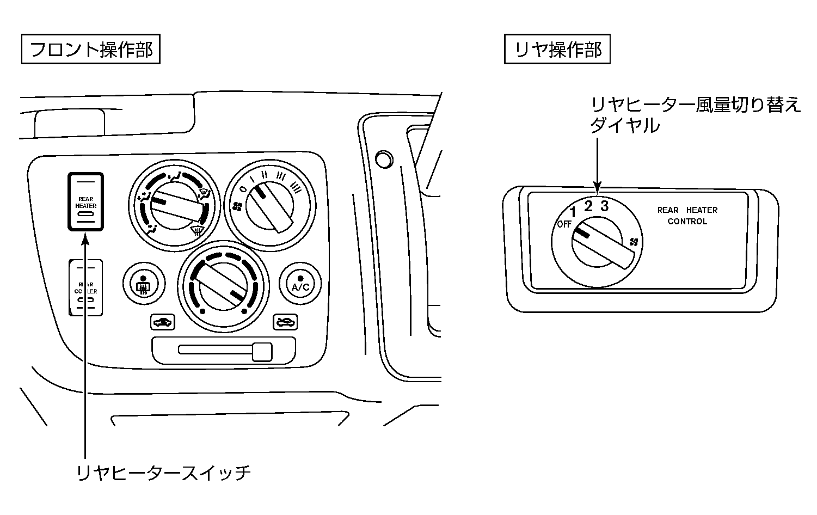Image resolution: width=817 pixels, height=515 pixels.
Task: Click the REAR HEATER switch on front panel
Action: pos(85,202)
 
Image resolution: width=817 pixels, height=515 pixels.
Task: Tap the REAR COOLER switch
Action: pos(85,288)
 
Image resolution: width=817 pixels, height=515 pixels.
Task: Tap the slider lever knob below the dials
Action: pos(262,351)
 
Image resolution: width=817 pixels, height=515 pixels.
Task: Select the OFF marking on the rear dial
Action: pos(563,224)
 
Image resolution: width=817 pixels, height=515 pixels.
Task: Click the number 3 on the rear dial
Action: pos(604,206)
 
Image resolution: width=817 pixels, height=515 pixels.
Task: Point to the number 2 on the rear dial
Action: pos(588,206)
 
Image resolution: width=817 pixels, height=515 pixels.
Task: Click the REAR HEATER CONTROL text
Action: pos(687,216)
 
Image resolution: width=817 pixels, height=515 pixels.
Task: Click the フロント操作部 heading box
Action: pos(90,50)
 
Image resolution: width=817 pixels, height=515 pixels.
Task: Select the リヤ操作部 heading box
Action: pos(557,50)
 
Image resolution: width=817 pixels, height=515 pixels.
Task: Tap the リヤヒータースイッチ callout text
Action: pos(164,471)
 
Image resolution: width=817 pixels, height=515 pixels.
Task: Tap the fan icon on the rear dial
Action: pos(634,241)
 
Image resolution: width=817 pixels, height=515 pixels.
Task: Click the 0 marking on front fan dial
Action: pos(243,189)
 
